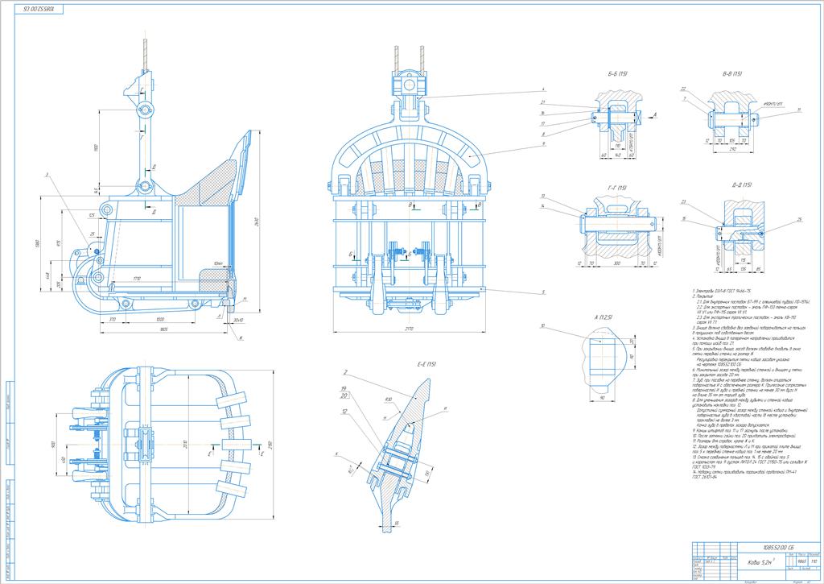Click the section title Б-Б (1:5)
click(x=617, y=74)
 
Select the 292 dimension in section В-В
click(x=732, y=148)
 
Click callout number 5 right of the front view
click(x=543, y=292)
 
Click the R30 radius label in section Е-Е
click(x=388, y=400)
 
